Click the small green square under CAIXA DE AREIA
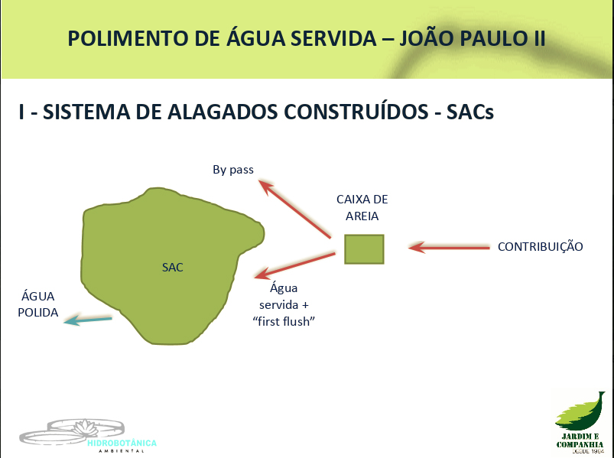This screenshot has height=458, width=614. [364, 249]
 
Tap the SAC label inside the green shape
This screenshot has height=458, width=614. [173, 268]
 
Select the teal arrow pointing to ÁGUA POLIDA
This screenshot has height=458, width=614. [88, 320]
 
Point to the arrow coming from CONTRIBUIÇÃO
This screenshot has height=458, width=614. [449, 248]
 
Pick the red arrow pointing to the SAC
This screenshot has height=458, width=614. [295, 265]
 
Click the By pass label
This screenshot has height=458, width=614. [233, 170]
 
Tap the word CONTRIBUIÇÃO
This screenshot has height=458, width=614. [541, 247]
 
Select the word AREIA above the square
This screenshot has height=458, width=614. [362, 216]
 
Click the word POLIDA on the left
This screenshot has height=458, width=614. [38, 313]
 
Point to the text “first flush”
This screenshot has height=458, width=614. [284, 321]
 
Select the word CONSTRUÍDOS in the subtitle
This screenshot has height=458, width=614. [356, 112]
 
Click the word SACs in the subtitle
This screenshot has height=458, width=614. [470, 112]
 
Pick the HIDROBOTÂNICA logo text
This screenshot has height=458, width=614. [122, 443]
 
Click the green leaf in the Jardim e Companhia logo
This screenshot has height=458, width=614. [580, 411]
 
